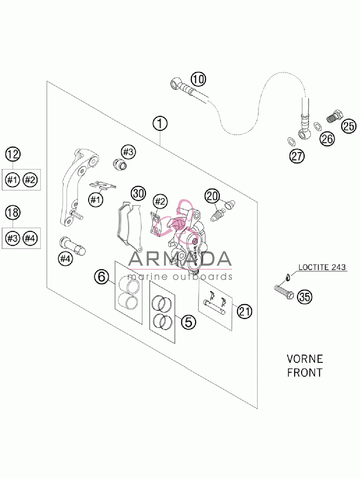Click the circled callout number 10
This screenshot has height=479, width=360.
click(x=198, y=79)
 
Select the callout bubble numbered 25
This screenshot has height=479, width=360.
click(x=349, y=126)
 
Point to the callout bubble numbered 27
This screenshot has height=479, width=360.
click(x=297, y=156)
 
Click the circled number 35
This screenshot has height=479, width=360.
click(x=305, y=297)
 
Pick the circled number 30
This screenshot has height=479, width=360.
click(x=139, y=193)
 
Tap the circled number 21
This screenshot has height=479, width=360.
click(x=244, y=311)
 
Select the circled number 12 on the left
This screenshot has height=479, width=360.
click(x=13, y=154)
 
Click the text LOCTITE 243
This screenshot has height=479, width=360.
click(x=322, y=267)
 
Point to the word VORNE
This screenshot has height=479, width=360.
click(x=305, y=359)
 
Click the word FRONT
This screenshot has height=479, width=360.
click(x=305, y=373)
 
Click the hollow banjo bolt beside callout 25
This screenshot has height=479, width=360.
click(x=335, y=115)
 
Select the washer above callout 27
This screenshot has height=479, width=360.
click(x=291, y=142)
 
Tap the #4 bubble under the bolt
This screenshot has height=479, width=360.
click(x=65, y=259)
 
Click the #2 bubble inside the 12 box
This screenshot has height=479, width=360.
click(x=30, y=180)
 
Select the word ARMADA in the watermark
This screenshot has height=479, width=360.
click(x=180, y=259)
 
